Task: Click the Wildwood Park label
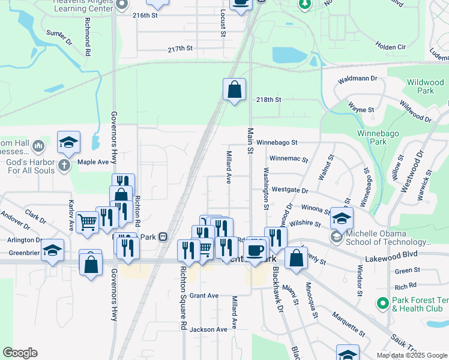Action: coord(420,86)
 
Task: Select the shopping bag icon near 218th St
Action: coord(234,90)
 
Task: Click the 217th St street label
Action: coord(180,49)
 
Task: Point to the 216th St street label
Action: coord(144,16)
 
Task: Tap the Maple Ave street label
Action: coord(92,162)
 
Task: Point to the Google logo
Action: coord(20,353)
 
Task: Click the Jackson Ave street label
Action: coord(208,329)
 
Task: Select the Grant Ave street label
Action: coord(204,296)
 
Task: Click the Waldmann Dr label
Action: coord(357,79)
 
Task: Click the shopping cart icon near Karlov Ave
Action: coord(88,223)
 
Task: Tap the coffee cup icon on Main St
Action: coord(255,250)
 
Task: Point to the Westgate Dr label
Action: coord(289,190)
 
